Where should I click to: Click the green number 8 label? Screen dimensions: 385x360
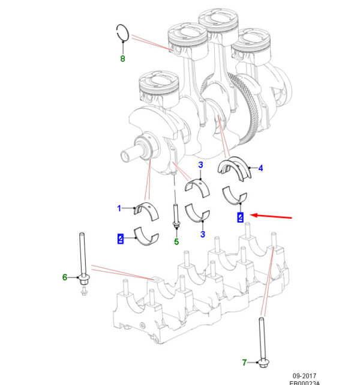(x=122, y=58)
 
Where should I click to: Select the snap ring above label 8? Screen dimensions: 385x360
(x=122, y=32)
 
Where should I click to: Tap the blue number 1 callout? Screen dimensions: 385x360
(x=119, y=208)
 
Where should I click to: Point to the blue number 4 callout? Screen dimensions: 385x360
(x=260, y=168)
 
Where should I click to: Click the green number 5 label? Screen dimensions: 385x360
(x=176, y=242)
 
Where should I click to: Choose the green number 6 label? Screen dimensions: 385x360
(x=65, y=277)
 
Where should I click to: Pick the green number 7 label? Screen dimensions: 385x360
(x=244, y=362)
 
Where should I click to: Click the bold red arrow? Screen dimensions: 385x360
(x=274, y=217)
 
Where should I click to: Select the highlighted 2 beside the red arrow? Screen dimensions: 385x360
(x=240, y=217)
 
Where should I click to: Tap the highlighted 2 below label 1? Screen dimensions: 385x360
(x=121, y=239)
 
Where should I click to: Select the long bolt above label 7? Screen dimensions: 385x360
(x=263, y=339)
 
